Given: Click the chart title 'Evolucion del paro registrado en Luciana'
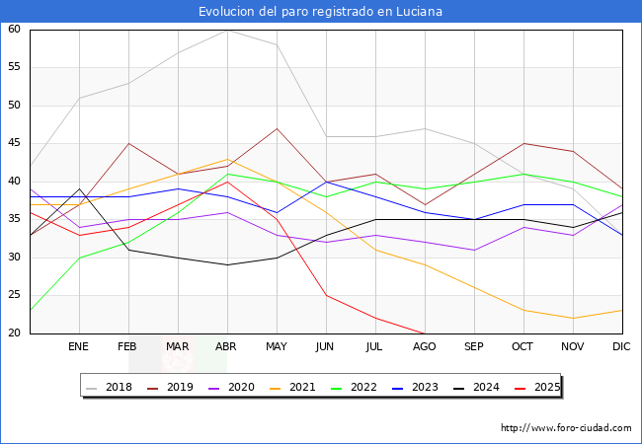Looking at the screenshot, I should pos(320,12).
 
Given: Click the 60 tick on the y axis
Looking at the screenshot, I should pos(14,30).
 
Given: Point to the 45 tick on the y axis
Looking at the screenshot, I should pos(14,143).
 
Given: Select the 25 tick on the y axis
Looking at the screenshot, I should pos(14,295).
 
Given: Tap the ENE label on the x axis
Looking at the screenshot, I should pos(79,347).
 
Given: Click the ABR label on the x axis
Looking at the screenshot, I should pos(227,347).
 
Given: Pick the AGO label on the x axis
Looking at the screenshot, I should pos(425,347).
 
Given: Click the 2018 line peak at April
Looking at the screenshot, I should pos(227,30).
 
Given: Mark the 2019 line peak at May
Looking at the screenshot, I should pos(277,128).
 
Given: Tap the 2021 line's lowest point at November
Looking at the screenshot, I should pos(573,318).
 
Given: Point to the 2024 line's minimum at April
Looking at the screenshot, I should pos(227,264).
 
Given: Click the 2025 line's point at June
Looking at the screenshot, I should pos(326,295).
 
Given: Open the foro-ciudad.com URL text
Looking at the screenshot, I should pos(566,428).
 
